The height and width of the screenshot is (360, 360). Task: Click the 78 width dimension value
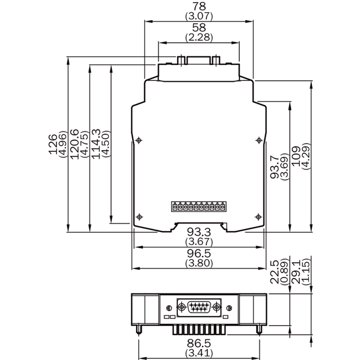[x=199, y=6]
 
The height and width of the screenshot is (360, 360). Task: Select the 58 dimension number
[x=199, y=28]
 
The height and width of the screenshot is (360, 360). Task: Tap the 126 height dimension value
[x=52, y=144]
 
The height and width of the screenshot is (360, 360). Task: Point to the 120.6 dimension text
[x=75, y=144]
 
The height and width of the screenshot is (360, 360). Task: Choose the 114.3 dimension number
[x=96, y=144]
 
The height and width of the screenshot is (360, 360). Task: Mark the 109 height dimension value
[x=296, y=156]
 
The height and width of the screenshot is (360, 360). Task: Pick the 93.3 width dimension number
[x=199, y=232]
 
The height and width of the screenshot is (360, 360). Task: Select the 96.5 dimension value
[x=199, y=253]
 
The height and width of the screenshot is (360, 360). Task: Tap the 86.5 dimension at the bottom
[x=199, y=344]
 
